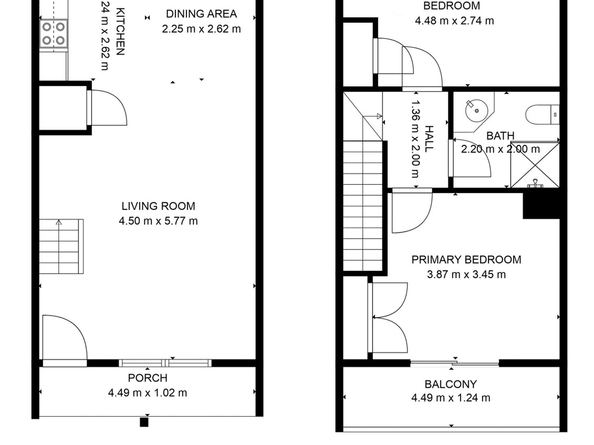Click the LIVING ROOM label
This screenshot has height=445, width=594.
pos(158,206)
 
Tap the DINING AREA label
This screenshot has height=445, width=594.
pos(201,14)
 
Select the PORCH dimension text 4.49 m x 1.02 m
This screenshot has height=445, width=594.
pos(148,393)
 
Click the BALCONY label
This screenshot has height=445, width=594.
pos(451,384)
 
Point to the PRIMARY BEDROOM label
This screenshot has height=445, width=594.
pos(466,260)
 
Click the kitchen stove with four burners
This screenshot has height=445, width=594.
pos(53,33)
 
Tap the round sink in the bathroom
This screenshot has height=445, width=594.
pos(476,111)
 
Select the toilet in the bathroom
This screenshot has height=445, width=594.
pos(542,115)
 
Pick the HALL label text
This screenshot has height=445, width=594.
pos(429,139)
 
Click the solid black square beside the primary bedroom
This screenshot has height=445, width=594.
pos(541,206)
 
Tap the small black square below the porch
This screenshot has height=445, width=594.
pos(144,422)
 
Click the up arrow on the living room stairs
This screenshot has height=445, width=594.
pos(59,222)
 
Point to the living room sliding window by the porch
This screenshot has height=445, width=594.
pos(165,363)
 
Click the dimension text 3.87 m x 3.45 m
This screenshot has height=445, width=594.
pos(466,274)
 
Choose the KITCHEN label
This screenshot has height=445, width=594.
pos(120,32)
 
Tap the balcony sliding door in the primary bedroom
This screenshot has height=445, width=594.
pos(455,363)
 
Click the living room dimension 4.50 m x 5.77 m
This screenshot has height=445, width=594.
pos(158,221)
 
